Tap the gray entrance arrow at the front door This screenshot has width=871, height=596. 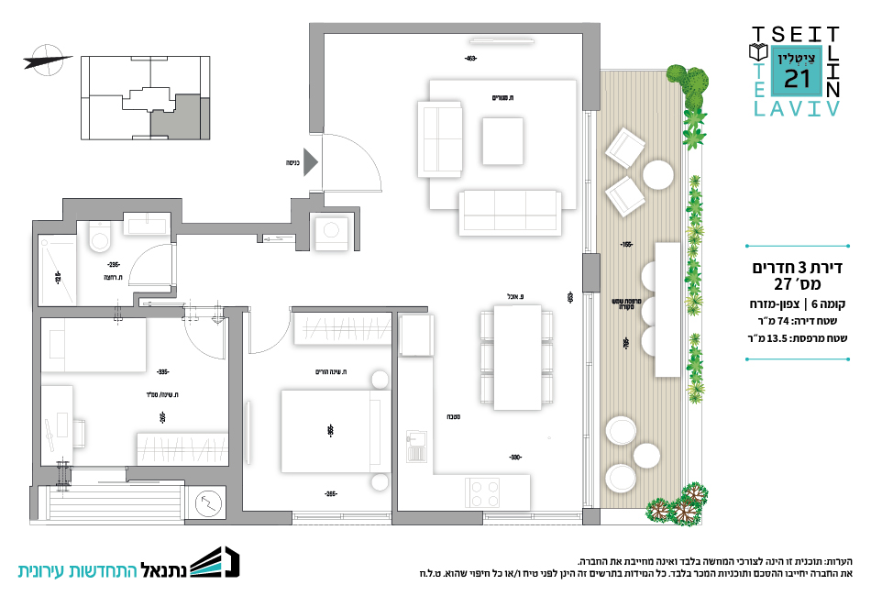coord(310,163)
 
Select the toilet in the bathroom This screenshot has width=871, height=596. coord(97,239)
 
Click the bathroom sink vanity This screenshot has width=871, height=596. coord(145,223)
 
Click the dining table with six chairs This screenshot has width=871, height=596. coord(516,357)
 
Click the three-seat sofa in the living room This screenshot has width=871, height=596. coord(511,213)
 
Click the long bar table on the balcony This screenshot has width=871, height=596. coord(667,309)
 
